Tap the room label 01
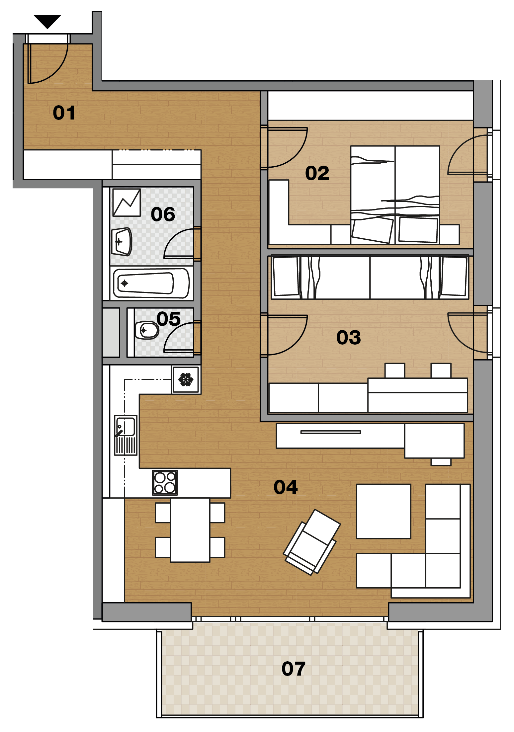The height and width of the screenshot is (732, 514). [64, 113]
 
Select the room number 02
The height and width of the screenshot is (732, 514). [317, 173]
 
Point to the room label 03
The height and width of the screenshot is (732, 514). [348, 338]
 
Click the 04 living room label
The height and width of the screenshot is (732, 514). [286, 487]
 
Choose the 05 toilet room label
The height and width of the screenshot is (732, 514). [168, 319]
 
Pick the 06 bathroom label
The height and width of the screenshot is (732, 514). [163, 214]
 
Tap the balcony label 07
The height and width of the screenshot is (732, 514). [294, 669]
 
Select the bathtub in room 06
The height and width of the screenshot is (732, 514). [151, 283]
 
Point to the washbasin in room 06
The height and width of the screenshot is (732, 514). [122, 242]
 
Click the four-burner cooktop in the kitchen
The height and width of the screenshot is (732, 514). [165, 483]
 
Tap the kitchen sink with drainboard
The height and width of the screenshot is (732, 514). [126, 435]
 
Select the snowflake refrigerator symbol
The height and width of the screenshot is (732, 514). [186, 379]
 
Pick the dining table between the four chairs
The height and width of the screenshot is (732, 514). [190, 530]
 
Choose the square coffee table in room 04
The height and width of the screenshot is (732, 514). [384, 511]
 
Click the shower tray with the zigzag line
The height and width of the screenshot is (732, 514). [127, 203]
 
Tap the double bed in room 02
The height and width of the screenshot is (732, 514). [395, 195]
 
